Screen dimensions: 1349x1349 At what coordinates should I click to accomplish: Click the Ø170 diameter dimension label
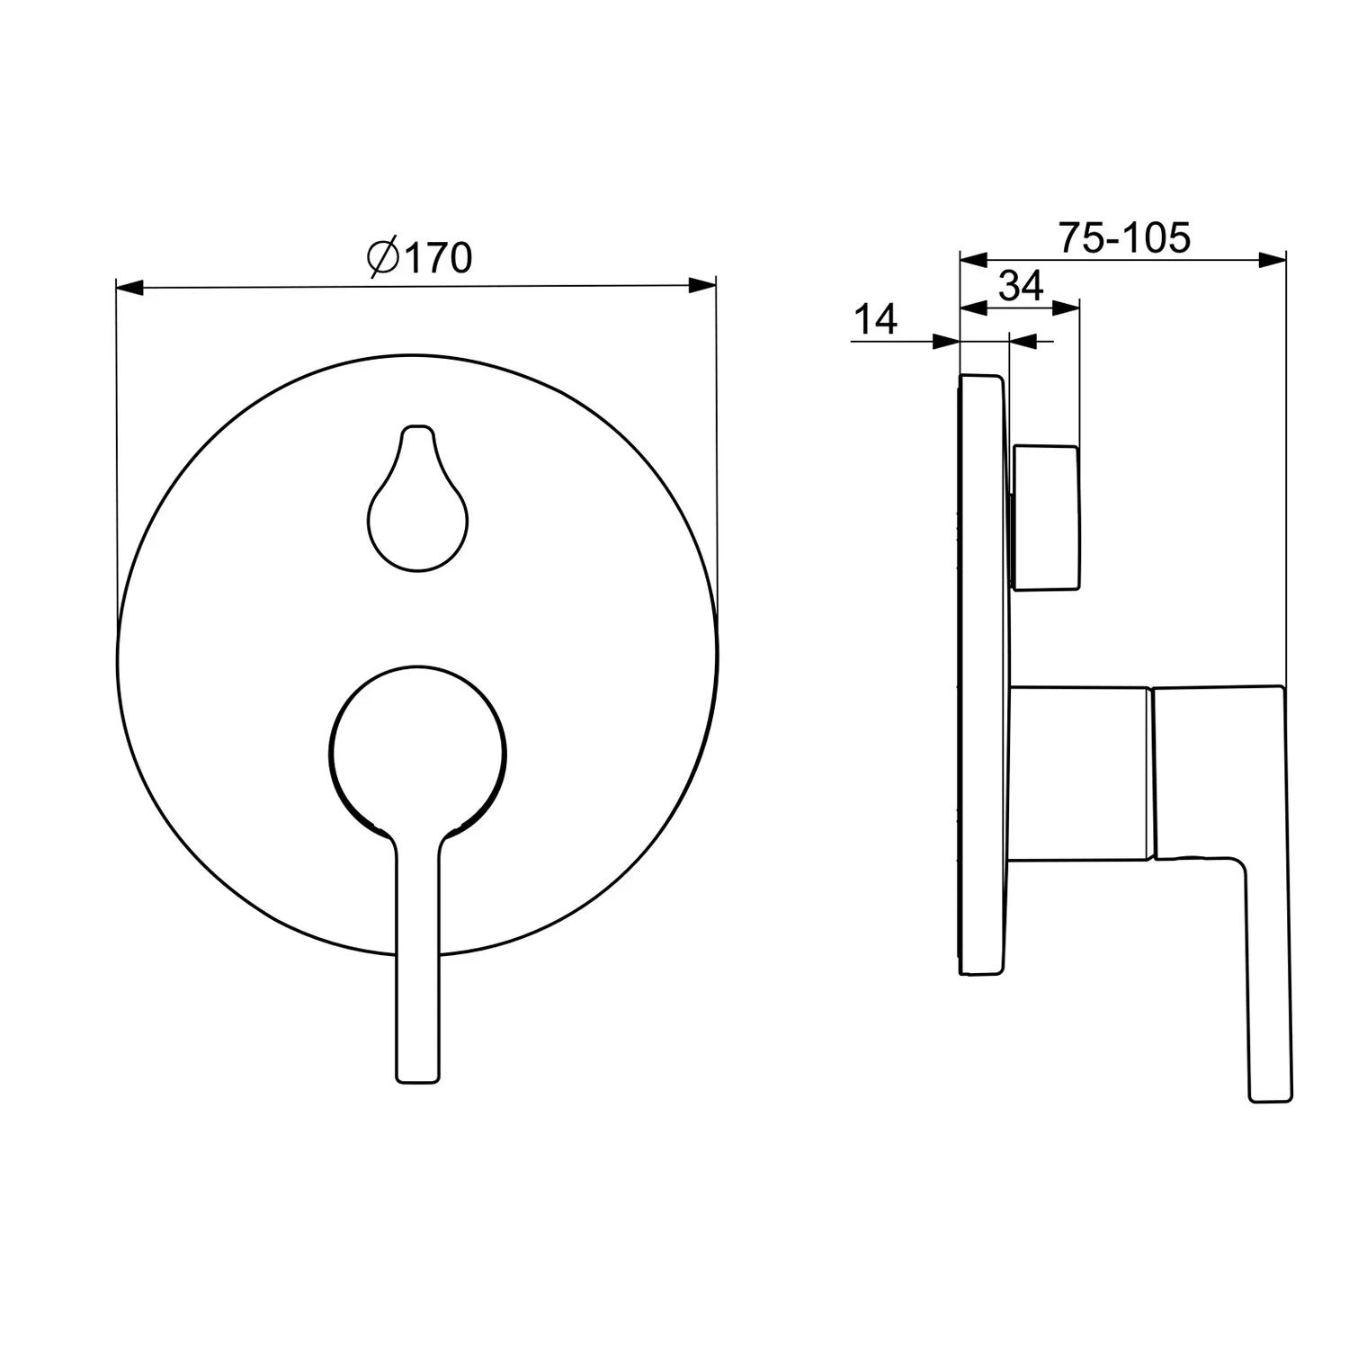pos(419,258)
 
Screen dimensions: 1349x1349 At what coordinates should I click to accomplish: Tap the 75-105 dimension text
pos(1124,237)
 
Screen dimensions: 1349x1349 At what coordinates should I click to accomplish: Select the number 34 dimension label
pos(1021,286)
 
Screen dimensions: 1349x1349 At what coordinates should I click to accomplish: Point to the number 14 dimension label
pos(875,319)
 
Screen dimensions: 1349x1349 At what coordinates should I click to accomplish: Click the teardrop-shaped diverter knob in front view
pos(418,499)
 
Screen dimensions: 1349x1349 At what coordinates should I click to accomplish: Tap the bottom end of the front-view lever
pos(419,1078)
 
